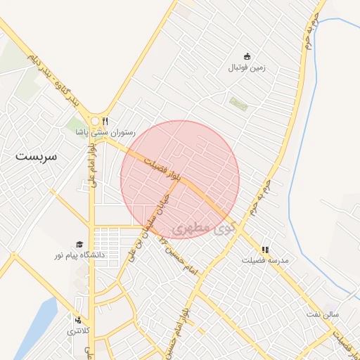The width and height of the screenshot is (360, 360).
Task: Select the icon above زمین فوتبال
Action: [247, 56]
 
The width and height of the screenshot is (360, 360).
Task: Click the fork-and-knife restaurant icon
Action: [105, 120]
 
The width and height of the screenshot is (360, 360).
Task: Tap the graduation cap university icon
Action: [79, 243]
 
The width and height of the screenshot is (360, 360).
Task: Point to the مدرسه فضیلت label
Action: [266, 260]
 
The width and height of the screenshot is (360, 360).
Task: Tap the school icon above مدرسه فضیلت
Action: [265, 249]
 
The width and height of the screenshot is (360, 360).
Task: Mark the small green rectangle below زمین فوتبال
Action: [238, 104]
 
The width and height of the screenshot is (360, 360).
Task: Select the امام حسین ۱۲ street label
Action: [179, 256]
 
